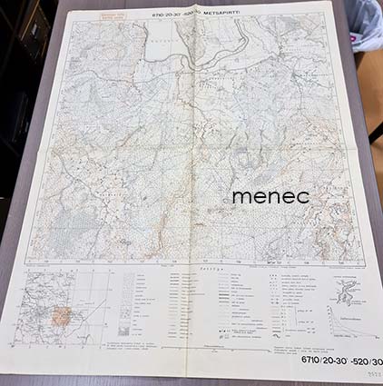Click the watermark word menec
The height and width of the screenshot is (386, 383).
[270, 195]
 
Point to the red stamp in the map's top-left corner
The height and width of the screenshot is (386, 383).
[87, 19]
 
